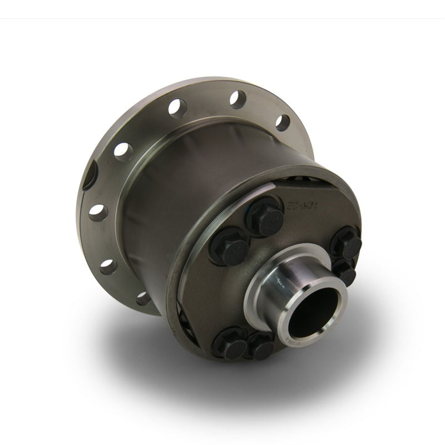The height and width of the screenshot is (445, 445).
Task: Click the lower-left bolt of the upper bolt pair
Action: (x=228, y=245)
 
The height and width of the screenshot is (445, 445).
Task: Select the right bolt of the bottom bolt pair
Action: (x=260, y=346)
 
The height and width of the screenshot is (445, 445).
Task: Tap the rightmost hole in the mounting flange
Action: (x=283, y=122)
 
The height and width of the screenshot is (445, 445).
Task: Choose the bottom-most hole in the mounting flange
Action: (x=144, y=298)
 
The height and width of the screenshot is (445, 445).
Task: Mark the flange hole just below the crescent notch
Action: (x=98, y=212)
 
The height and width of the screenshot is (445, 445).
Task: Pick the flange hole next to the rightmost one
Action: (x=238, y=99)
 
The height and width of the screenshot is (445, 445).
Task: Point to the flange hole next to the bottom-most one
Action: (x=108, y=266)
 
